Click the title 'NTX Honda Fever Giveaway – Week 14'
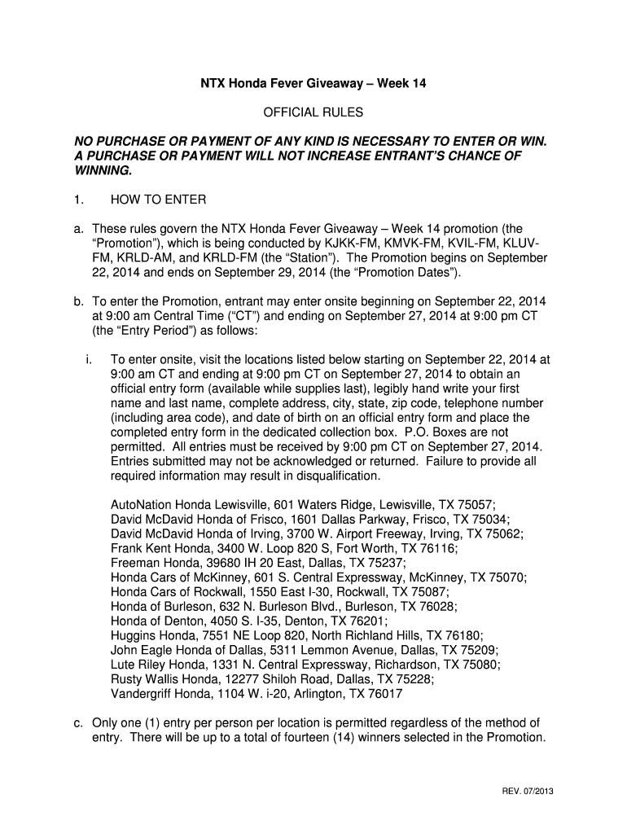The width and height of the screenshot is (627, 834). click(x=313, y=83)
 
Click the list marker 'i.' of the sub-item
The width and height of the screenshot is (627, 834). click(x=86, y=358)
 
